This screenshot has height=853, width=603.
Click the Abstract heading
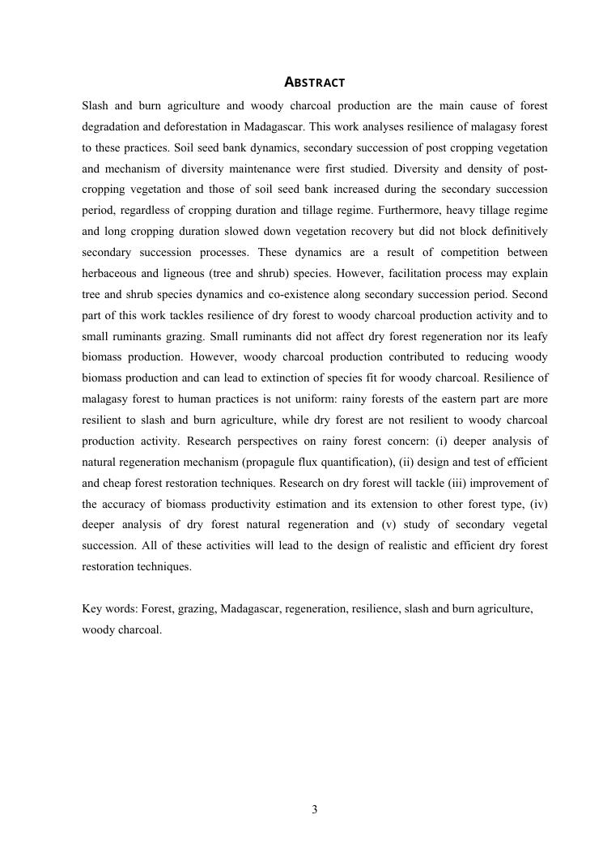315,83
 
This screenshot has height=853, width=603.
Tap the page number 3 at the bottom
315,809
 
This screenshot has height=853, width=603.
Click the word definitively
514,231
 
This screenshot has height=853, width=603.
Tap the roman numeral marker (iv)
538,505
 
